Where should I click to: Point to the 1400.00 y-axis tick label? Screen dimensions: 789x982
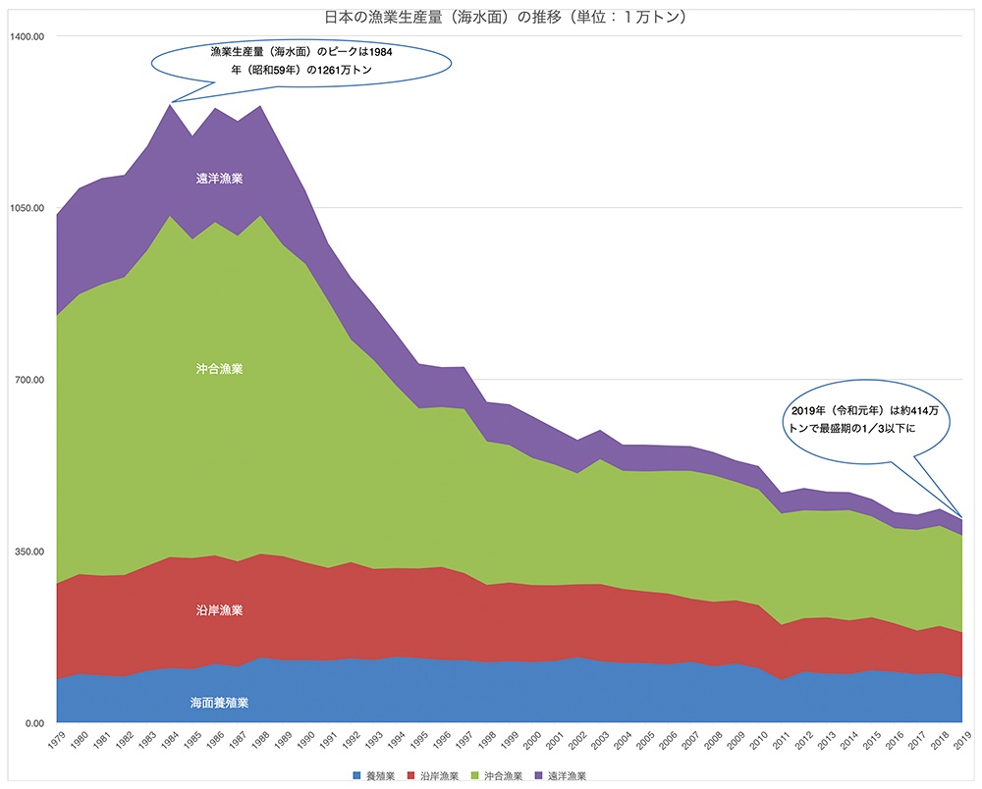(27, 36)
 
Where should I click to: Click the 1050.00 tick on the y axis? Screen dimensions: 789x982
(27, 208)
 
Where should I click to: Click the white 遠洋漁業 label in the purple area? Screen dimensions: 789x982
(219, 179)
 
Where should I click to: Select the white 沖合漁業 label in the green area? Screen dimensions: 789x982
(219, 369)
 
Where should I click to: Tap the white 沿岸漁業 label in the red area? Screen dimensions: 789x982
(219, 610)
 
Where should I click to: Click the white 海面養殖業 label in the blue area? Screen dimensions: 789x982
(219, 703)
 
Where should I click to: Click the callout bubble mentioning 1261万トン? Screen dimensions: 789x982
(300, 61)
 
